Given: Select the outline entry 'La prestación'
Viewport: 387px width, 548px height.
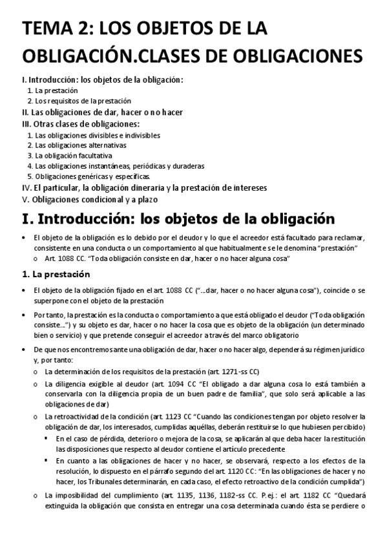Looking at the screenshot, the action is tap(57, 90).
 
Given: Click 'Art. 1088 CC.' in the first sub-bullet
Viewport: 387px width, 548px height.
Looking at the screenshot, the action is tap(66, 258).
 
